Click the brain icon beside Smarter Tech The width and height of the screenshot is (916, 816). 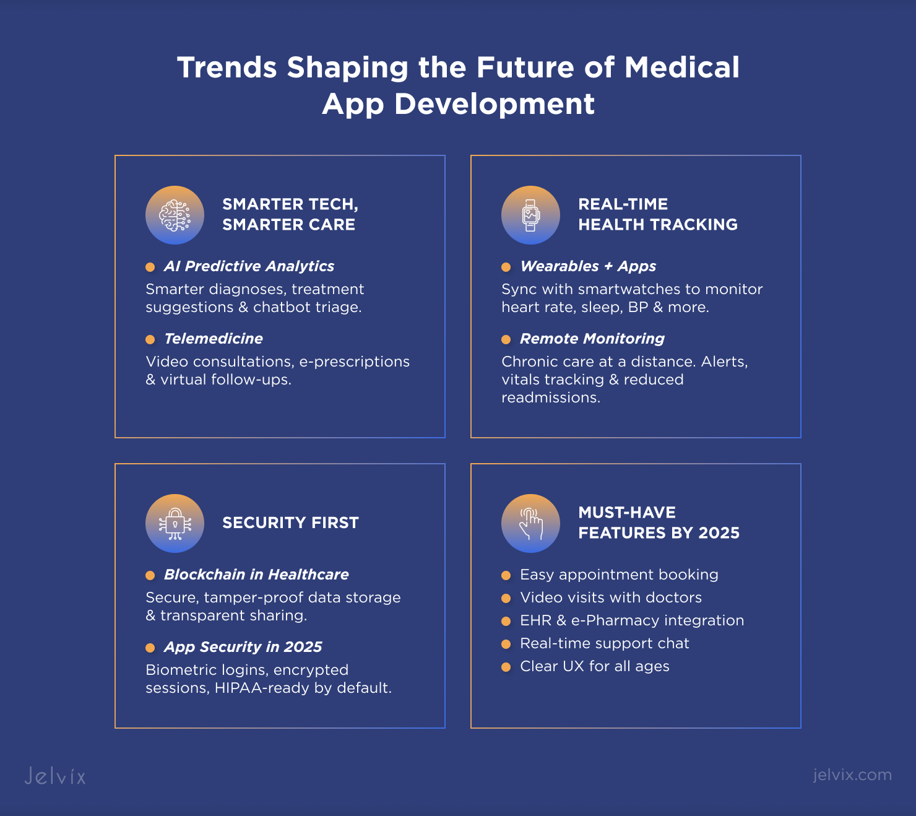tap(175, 215)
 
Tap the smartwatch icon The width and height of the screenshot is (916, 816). tap(530, 215)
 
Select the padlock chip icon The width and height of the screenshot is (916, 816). tap(175, 523)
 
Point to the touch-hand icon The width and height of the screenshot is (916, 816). tap(530, 523)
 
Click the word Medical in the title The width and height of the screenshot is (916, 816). tap(682, 67)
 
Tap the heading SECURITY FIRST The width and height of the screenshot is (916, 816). tap(290, 523)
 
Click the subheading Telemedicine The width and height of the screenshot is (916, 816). tap(214, 338)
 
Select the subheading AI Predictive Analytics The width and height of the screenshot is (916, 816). tap(249, 266)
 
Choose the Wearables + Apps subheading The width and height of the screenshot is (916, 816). tap(588, 266)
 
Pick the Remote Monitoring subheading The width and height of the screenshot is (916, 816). tap(592, 338)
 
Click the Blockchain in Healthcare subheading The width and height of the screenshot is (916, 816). tap(256, 575)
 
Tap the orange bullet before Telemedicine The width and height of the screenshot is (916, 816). tap(150, 339)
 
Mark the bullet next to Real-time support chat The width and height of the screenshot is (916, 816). tap(506, 644)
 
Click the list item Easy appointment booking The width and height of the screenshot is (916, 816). tap(619, 575)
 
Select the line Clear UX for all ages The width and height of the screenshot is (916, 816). tap(595, 666)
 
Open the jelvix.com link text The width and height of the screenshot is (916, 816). tap(852, 775)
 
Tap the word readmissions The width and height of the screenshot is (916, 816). tap(551, 397)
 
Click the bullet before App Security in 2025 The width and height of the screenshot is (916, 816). tap(150, 648)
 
